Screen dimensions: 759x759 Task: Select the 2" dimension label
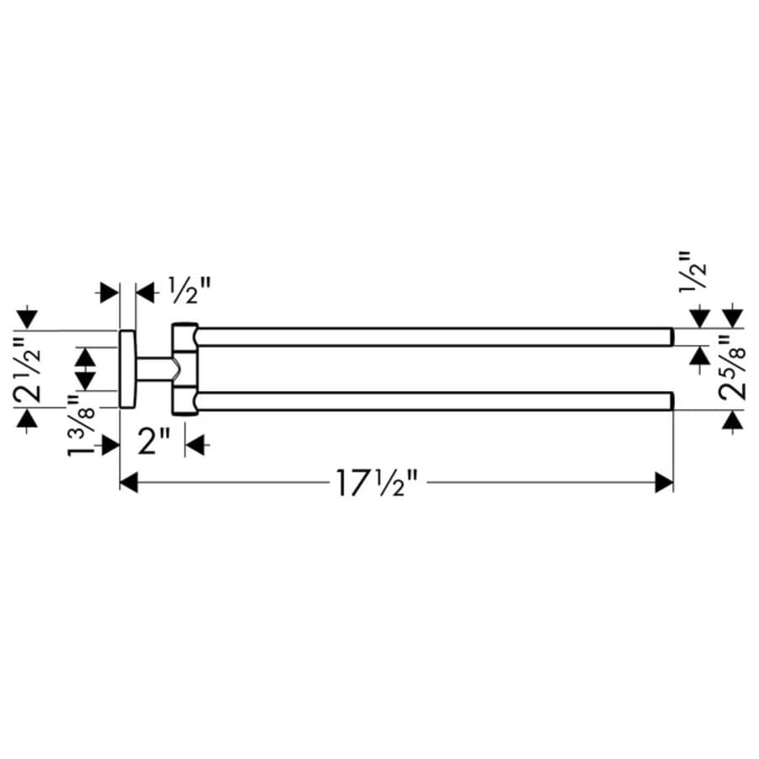tap(153, 441)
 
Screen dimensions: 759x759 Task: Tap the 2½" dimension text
tap(27, 368)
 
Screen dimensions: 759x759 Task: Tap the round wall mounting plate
tap(127, 369)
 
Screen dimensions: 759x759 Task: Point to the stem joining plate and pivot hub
tap(154, 369)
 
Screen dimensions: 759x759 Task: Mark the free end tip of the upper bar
tap(670, 336)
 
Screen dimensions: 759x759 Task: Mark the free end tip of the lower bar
tap(670, 401)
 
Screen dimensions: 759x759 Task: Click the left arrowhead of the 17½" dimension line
tap(128, 483)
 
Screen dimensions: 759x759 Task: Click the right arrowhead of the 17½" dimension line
tap(665, 483)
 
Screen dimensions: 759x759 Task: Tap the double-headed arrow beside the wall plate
tap(85, 369)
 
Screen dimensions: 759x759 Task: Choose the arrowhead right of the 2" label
tap(195, 442)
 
